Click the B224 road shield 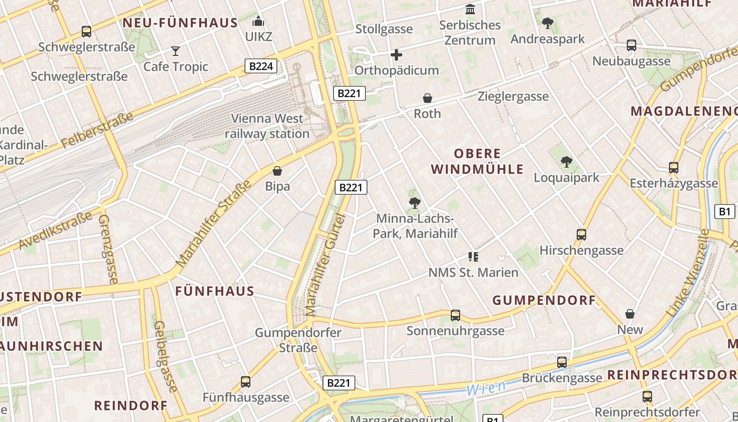click(261, 66)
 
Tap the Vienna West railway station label click(267, 126)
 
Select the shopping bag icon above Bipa click(277, 171)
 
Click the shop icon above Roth click(428, 98)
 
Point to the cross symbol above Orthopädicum click(396, 55)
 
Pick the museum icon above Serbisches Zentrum click(470, 9)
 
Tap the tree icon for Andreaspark click(548, 23)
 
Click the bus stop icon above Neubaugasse click(631, 45)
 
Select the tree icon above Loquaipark click(567, 162)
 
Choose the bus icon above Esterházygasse click(673, 168)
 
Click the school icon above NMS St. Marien click(473, 257)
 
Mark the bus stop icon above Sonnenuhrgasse click(455, 315)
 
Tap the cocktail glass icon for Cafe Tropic click(176, 51)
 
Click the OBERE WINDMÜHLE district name click(478, 161)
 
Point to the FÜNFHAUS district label click(215, 291)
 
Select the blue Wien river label click(485, 388)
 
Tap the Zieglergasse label click(513, 97)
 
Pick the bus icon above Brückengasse click(562, 362)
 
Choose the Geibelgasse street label click(165, 357)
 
